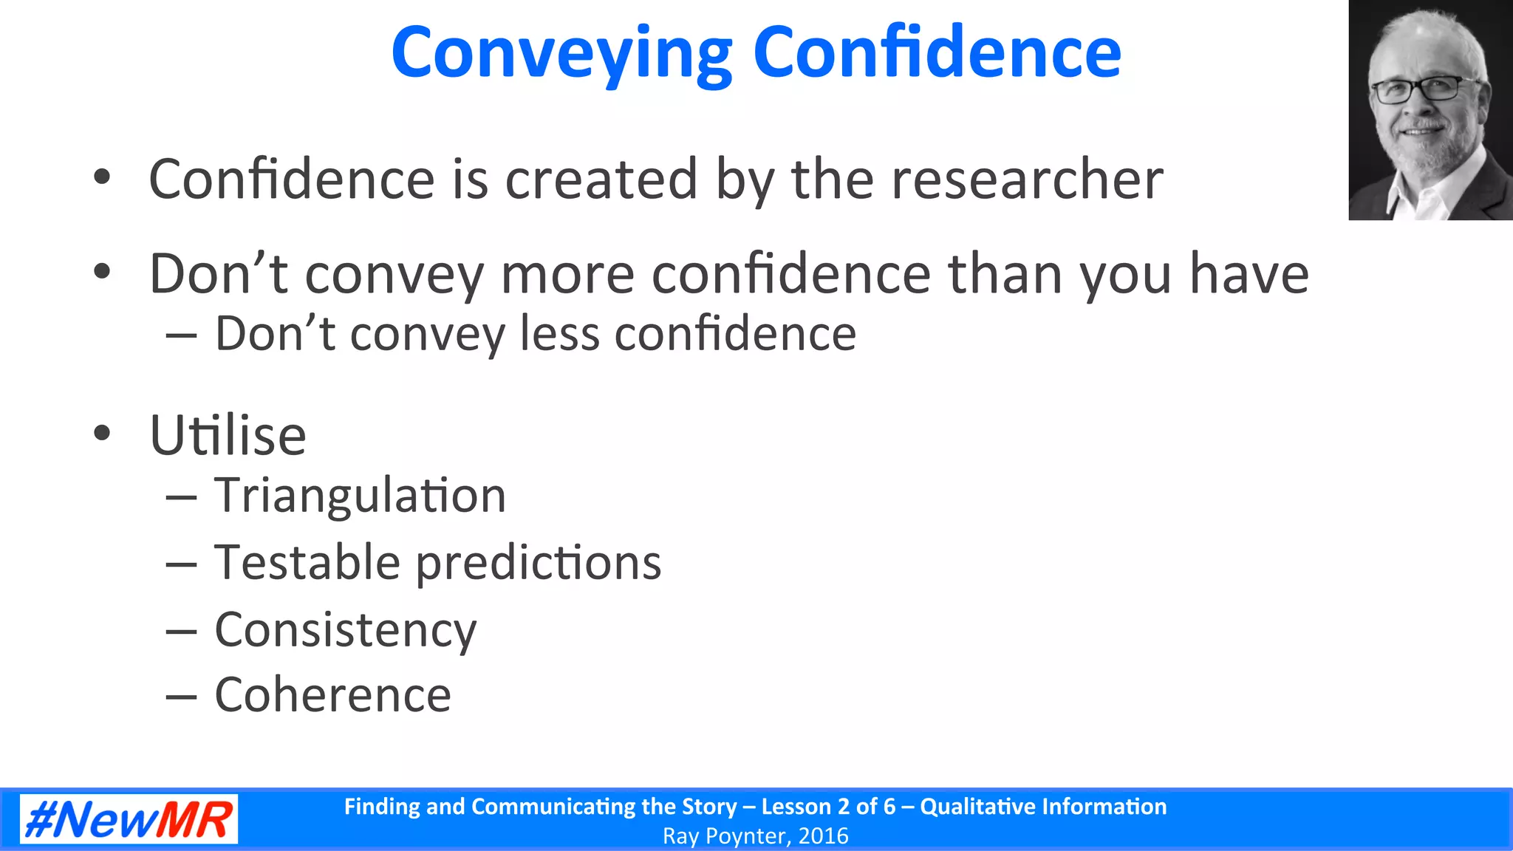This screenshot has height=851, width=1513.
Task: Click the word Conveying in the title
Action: (x=561, y=53)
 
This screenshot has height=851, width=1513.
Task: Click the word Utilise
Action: (x=228, y=435)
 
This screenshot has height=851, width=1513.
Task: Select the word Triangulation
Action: (x=360, y=495)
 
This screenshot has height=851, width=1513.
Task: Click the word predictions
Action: (x=539, y=564)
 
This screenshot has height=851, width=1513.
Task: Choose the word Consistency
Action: (x=346, y=630)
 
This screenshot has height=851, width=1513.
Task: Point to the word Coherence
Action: (x=332, y=695)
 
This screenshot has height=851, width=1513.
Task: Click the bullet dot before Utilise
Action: (x=102, y=433)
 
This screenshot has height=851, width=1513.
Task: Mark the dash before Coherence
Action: (x=182, y=696)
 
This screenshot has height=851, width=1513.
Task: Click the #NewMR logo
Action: (x=129, y=819)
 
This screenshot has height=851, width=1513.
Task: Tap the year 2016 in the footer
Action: (x=823, y=836)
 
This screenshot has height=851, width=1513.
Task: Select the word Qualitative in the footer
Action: (x=977, y=807)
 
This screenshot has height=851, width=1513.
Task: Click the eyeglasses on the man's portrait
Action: (x=1417, y=90)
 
